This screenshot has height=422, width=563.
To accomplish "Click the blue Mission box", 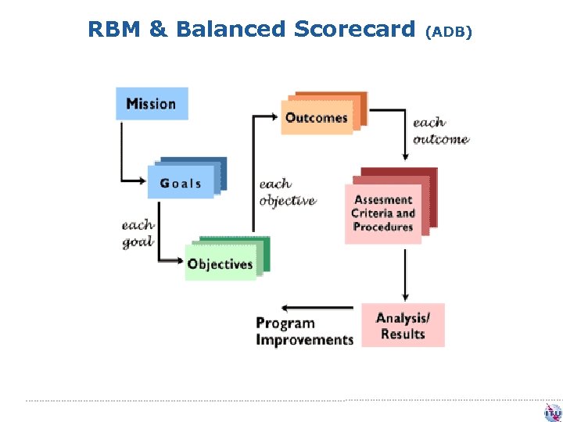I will click(152, 104).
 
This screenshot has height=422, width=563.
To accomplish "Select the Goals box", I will click(181, 184).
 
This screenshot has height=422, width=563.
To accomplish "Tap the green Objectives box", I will click(220, 264).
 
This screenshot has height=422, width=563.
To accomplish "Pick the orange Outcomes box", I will click(316, 118).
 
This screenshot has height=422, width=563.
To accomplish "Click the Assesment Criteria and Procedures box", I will click(383, 213).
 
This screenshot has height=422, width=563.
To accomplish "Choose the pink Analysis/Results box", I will click(403, 326).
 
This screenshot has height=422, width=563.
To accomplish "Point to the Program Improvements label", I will click(304, 331).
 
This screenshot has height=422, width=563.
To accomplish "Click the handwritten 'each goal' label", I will click(138, 233).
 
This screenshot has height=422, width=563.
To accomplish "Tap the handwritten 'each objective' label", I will click(287, 192).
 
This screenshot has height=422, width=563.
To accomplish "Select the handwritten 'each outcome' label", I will click(439, 131).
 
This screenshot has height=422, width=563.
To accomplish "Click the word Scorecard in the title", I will click(356, 30).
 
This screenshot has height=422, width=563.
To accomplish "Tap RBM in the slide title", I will click(113, 30).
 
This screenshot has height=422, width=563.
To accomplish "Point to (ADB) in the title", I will click(448, 32).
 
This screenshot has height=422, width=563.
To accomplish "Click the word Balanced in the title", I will click(231, 30).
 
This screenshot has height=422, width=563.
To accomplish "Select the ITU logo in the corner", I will click(553, 412).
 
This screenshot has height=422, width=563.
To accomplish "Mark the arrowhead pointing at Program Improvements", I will click(285, 309).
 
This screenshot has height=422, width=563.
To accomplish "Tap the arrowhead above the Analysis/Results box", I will click(404, 297).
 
